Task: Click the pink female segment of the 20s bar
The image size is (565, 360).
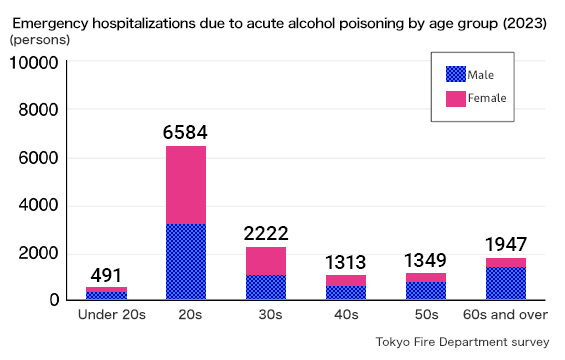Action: coord(185,185)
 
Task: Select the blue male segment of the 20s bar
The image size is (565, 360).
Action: coord(185,262)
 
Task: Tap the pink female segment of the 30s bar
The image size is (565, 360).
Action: coord(265,261)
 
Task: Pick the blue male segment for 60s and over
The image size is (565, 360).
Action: coord(506,283)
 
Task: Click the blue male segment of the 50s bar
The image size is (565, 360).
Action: coord(425,290)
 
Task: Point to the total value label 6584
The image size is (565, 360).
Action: coord(185,132)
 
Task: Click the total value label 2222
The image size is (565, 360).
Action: coord(265,233)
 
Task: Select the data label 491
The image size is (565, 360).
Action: coord(106,275)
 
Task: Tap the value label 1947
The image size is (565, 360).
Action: coord(506,244)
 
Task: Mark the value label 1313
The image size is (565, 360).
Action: coord(346,262)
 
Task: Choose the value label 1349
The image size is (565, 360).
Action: coord(425,260)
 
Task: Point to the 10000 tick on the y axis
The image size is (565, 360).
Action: coord(34,63)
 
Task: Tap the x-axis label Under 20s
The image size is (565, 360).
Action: coord(112,315)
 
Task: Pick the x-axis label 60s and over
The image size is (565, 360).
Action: coord(506,315)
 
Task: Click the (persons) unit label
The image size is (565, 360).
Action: coord(40,40)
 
